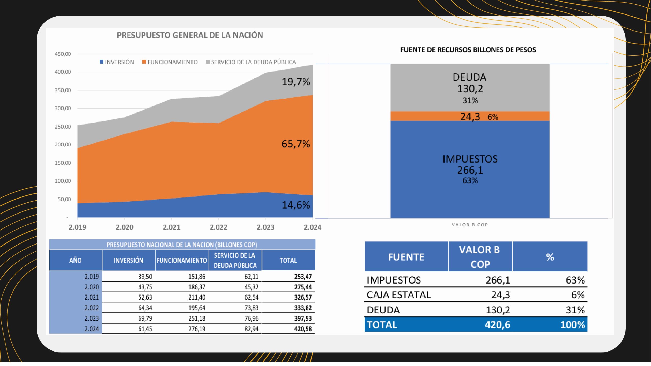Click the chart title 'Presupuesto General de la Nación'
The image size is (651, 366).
[190, 35]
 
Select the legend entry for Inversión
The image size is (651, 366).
[117, 62]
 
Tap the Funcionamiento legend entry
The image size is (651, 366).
[170, 62]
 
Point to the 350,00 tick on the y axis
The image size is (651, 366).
[63, 90]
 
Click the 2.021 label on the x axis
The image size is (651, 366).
[171, 227]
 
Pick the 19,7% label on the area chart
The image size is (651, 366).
[296, 82]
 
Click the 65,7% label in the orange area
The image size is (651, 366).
[296, 144]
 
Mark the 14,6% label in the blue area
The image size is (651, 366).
[296, 205]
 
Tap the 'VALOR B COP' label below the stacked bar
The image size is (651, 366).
[470, 225]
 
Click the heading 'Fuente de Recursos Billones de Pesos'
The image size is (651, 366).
[468, 50]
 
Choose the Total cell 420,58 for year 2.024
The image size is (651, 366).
[303, 329]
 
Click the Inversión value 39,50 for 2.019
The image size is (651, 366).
[145, 277]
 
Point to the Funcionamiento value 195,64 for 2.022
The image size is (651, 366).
[197, 308]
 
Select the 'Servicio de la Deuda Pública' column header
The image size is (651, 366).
[235, 260]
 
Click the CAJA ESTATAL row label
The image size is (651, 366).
[398, 295]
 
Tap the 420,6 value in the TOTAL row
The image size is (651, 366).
[497, 325]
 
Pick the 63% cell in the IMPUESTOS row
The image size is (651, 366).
[575, 280]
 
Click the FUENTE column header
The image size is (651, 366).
[406, 257]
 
